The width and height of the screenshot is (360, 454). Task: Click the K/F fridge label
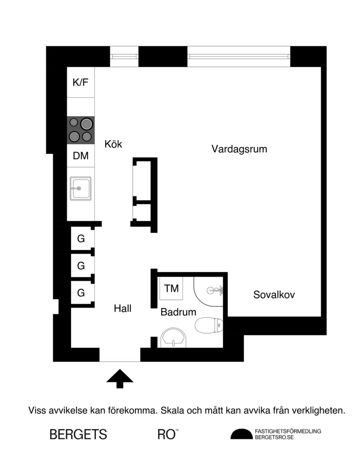tap(80, 82)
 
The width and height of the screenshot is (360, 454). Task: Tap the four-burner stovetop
tap(81, 130)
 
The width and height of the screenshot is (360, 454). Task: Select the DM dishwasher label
tap(81, 156)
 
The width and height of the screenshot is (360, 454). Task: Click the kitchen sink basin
tap(80, 188)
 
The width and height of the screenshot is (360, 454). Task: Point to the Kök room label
tap(113, 144)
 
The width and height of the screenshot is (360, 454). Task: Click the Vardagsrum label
tap(239, 149)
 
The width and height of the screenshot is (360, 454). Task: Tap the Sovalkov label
tap(274, 294)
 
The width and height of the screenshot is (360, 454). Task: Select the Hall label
tap(122, 308)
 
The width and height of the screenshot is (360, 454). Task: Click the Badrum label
tap(178, 312)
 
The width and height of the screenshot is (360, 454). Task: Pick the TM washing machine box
tap(171, 289)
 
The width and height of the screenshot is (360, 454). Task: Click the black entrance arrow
tap(120, 379)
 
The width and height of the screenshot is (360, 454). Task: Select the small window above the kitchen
tap(125, 56)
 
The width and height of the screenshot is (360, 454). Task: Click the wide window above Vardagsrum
tap(239, 56)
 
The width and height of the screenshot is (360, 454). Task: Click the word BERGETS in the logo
tap(78, 434)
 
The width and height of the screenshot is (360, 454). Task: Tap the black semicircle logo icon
tap(242, 434)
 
